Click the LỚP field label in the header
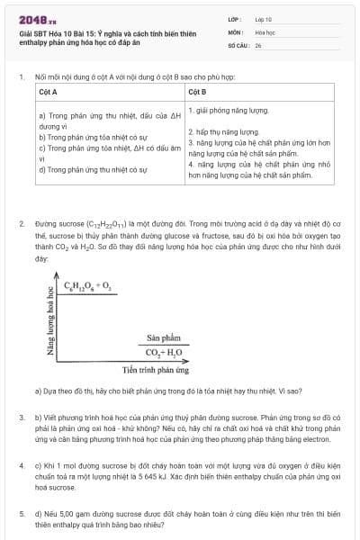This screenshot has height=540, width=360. [x=235, y=18]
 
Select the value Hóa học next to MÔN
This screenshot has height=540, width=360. [x=265, y=31]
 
